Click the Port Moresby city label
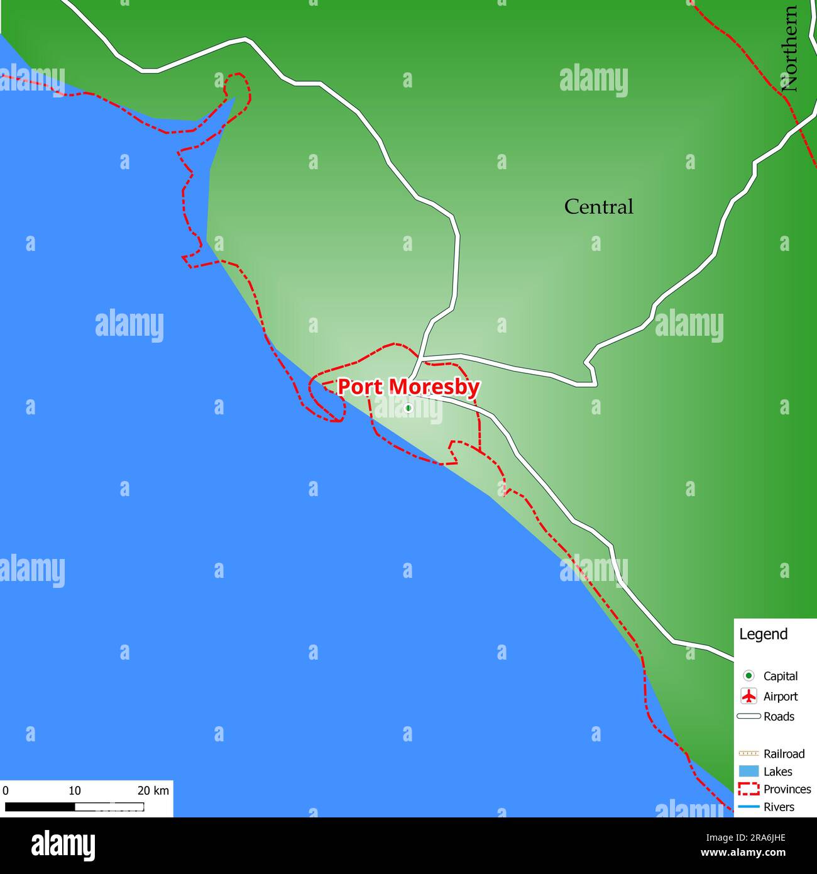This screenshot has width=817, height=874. [x=409, y=387]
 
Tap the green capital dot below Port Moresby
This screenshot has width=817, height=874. [x=408, y=408]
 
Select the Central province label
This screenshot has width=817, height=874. [x=598, y=207]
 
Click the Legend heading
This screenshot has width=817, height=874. [x=763, y=634]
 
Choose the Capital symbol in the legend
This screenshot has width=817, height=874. [x=748, y=676]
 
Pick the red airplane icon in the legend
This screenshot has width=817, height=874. [x=748, y=696]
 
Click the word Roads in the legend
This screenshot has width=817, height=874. [x=779, y=716]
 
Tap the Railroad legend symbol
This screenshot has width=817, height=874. [x=748, y=753]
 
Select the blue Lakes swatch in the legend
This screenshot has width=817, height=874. [x=748, y=772]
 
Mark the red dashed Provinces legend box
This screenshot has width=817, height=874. [x=748, y=789]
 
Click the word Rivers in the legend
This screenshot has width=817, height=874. [x=779, y=807]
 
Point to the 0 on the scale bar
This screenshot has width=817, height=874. [x=6, y=790]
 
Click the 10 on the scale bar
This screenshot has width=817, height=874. [x=74, y=790]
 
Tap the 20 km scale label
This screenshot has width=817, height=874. [x=153, y=790]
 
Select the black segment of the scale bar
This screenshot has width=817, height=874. [x=40, y=807]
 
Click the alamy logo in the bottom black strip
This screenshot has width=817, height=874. [x=63, y=845]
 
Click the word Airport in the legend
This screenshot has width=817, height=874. [x=780, y=696]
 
